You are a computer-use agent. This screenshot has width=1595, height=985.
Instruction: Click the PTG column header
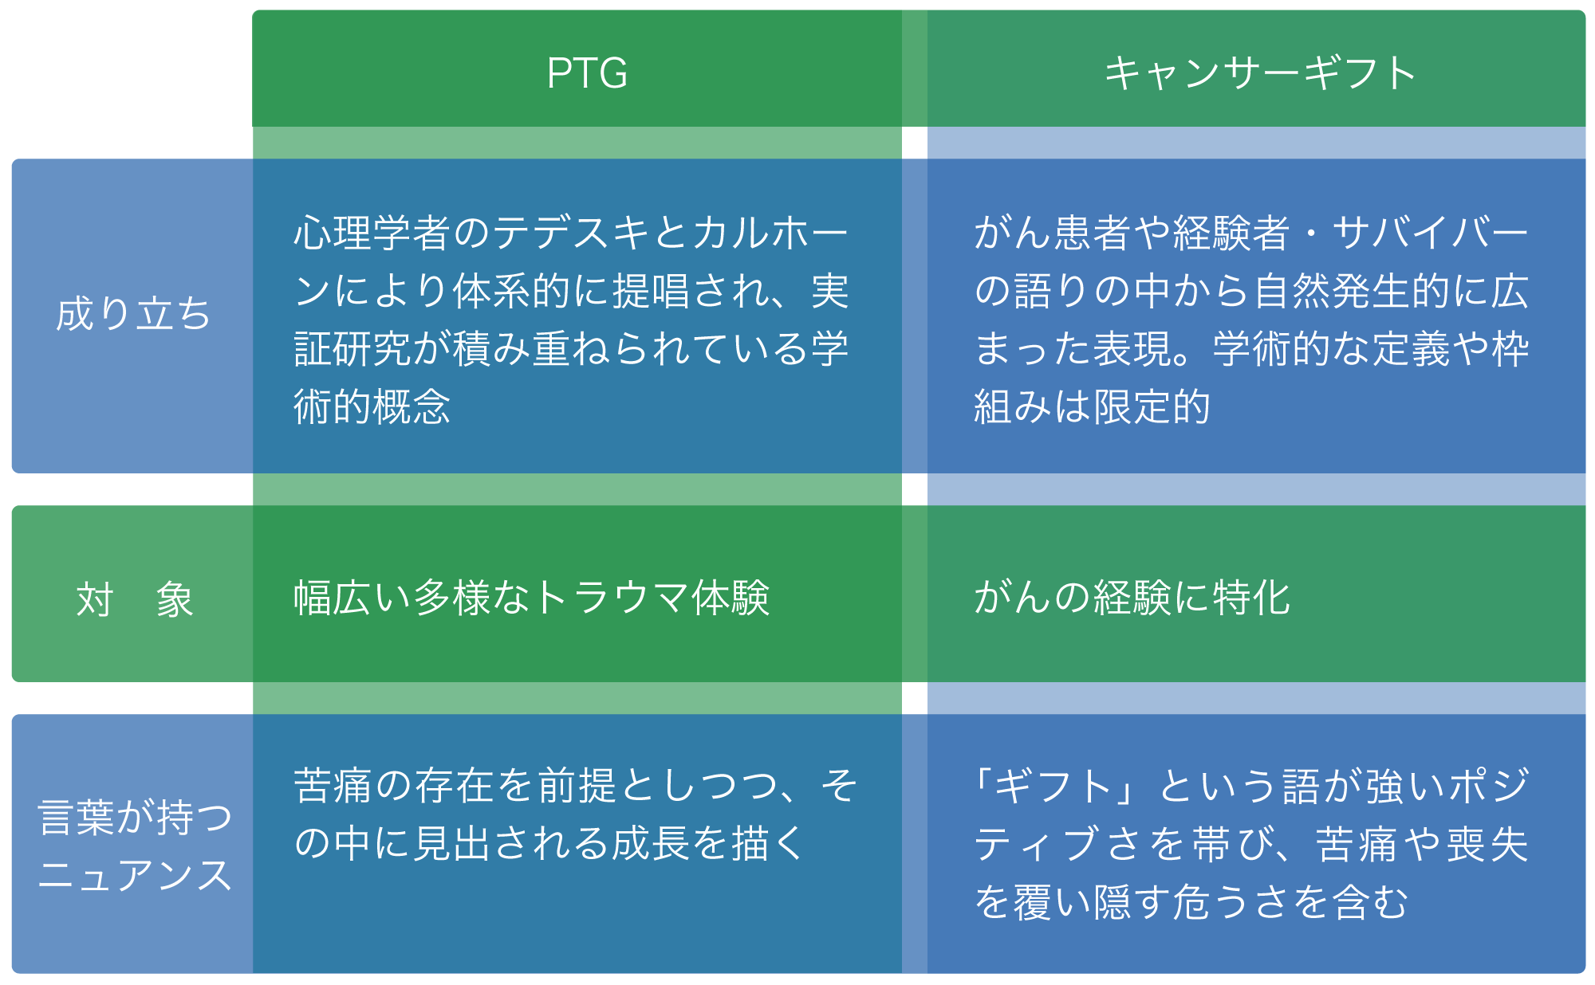[587, 73]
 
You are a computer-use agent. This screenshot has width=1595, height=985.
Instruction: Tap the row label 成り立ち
[132, 314]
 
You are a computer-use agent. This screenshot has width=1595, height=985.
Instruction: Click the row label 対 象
[134, 599]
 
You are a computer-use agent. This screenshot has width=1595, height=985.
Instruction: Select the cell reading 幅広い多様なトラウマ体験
[531, 598]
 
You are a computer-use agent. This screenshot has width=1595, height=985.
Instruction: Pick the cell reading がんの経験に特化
[1132, 598]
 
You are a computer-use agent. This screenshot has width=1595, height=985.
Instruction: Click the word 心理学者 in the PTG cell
[372, 233]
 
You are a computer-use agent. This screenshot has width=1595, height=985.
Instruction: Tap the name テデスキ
[572, 233]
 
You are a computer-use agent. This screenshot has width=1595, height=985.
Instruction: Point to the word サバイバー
[1430, 233]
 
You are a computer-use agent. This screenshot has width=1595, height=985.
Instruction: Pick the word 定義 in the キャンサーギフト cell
[1410, 349]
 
